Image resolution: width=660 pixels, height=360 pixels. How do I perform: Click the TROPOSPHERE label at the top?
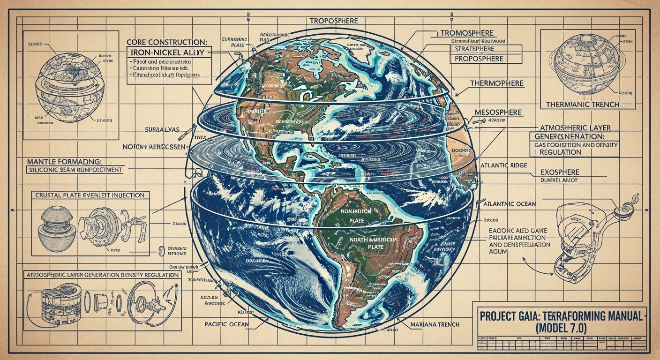333,21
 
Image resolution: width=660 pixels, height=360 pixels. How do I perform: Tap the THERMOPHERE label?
496,83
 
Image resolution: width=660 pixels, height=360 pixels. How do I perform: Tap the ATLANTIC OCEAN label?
512,204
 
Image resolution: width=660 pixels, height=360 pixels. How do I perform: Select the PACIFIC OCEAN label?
227,324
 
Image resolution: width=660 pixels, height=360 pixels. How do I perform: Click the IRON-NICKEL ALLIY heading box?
168,52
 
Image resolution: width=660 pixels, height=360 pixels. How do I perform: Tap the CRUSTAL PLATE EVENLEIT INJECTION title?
90,195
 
